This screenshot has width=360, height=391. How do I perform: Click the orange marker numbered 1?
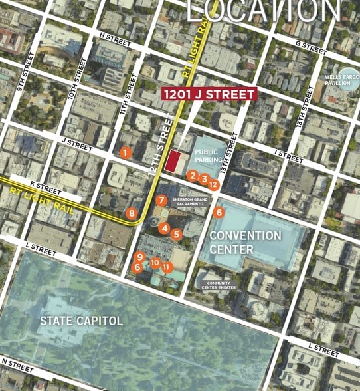(124, 152)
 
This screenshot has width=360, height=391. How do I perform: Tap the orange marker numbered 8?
(132, 213)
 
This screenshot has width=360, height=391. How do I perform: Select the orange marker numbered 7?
(161, 200)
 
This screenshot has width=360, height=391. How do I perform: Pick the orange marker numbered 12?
(213, 184)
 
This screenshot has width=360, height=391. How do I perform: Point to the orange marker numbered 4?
(164, 228)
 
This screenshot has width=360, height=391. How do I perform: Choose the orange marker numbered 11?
(167, 267)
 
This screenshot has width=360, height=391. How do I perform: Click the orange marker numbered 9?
(139, 257)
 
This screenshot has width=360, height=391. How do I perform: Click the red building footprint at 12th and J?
(175, 161)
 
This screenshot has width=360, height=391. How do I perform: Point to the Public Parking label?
(207, 156)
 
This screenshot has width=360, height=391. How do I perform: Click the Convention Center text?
(245, 242)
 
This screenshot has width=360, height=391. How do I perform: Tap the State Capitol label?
(81, 321)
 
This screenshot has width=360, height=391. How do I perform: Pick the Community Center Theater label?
(220, 285)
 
